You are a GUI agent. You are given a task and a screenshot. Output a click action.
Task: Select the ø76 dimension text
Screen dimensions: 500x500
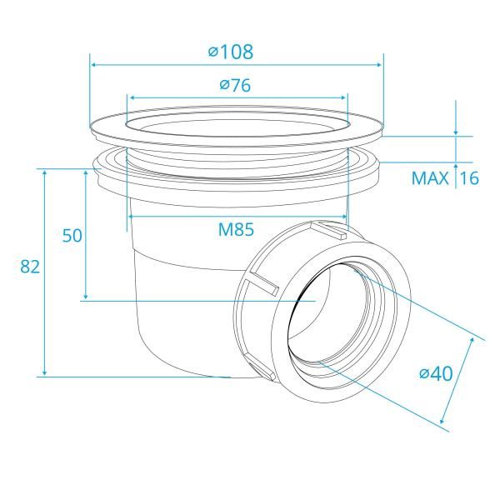click(x=236, y=84)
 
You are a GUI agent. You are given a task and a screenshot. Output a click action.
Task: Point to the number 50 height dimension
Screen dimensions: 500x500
click(x=72, y=236)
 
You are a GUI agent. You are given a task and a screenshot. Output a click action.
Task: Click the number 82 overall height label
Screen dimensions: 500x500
click(x=30, y=267)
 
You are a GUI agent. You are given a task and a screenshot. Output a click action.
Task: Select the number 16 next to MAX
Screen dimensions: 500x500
click(x=469, y=178)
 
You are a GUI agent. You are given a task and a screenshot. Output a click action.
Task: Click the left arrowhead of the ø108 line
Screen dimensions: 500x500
click(x=94, y=64)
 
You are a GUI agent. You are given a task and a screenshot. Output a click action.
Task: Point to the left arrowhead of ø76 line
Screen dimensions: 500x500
click(x=131, y=97)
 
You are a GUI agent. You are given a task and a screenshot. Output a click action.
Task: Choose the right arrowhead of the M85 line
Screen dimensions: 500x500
click(x=341, y=217)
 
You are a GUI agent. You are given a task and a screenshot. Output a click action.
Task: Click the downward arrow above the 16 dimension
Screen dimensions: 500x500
click(x=456, y=129)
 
